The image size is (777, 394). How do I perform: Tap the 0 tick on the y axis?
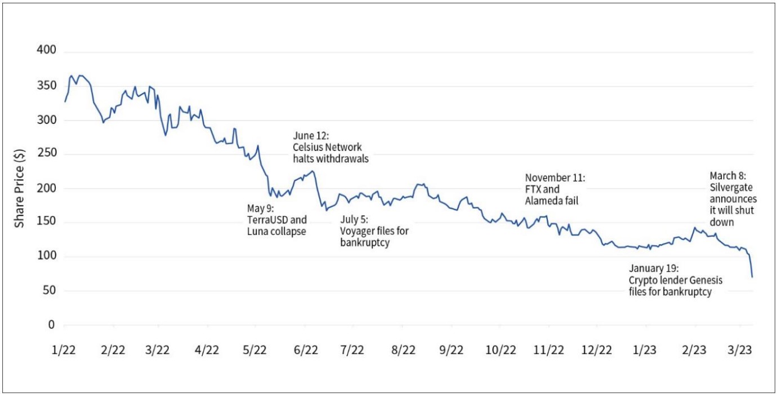pos(51,325)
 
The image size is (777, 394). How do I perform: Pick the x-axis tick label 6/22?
pos(305,349)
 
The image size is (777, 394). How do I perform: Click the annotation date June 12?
pos(312,136)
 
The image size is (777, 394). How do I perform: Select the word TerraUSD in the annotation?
pos(267,220)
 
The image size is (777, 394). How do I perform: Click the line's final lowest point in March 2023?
pos(752,277)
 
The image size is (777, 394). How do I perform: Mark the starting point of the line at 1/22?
pos(65,102)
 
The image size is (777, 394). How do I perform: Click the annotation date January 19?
pos(654,268)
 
